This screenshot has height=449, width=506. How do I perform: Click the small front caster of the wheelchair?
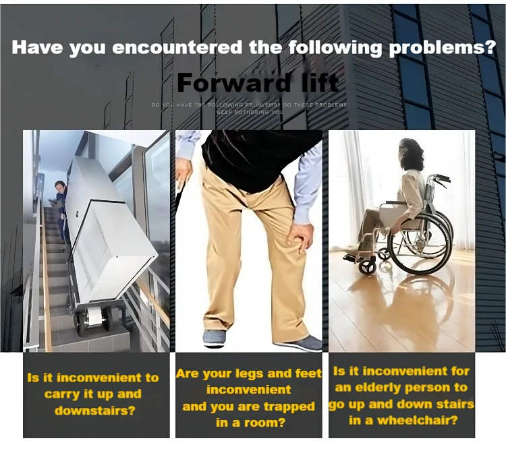click(x=368, y=266)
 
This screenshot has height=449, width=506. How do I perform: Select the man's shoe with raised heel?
click(x=216, y=338)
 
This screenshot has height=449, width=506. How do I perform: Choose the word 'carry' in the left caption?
click(x=62, y=394)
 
